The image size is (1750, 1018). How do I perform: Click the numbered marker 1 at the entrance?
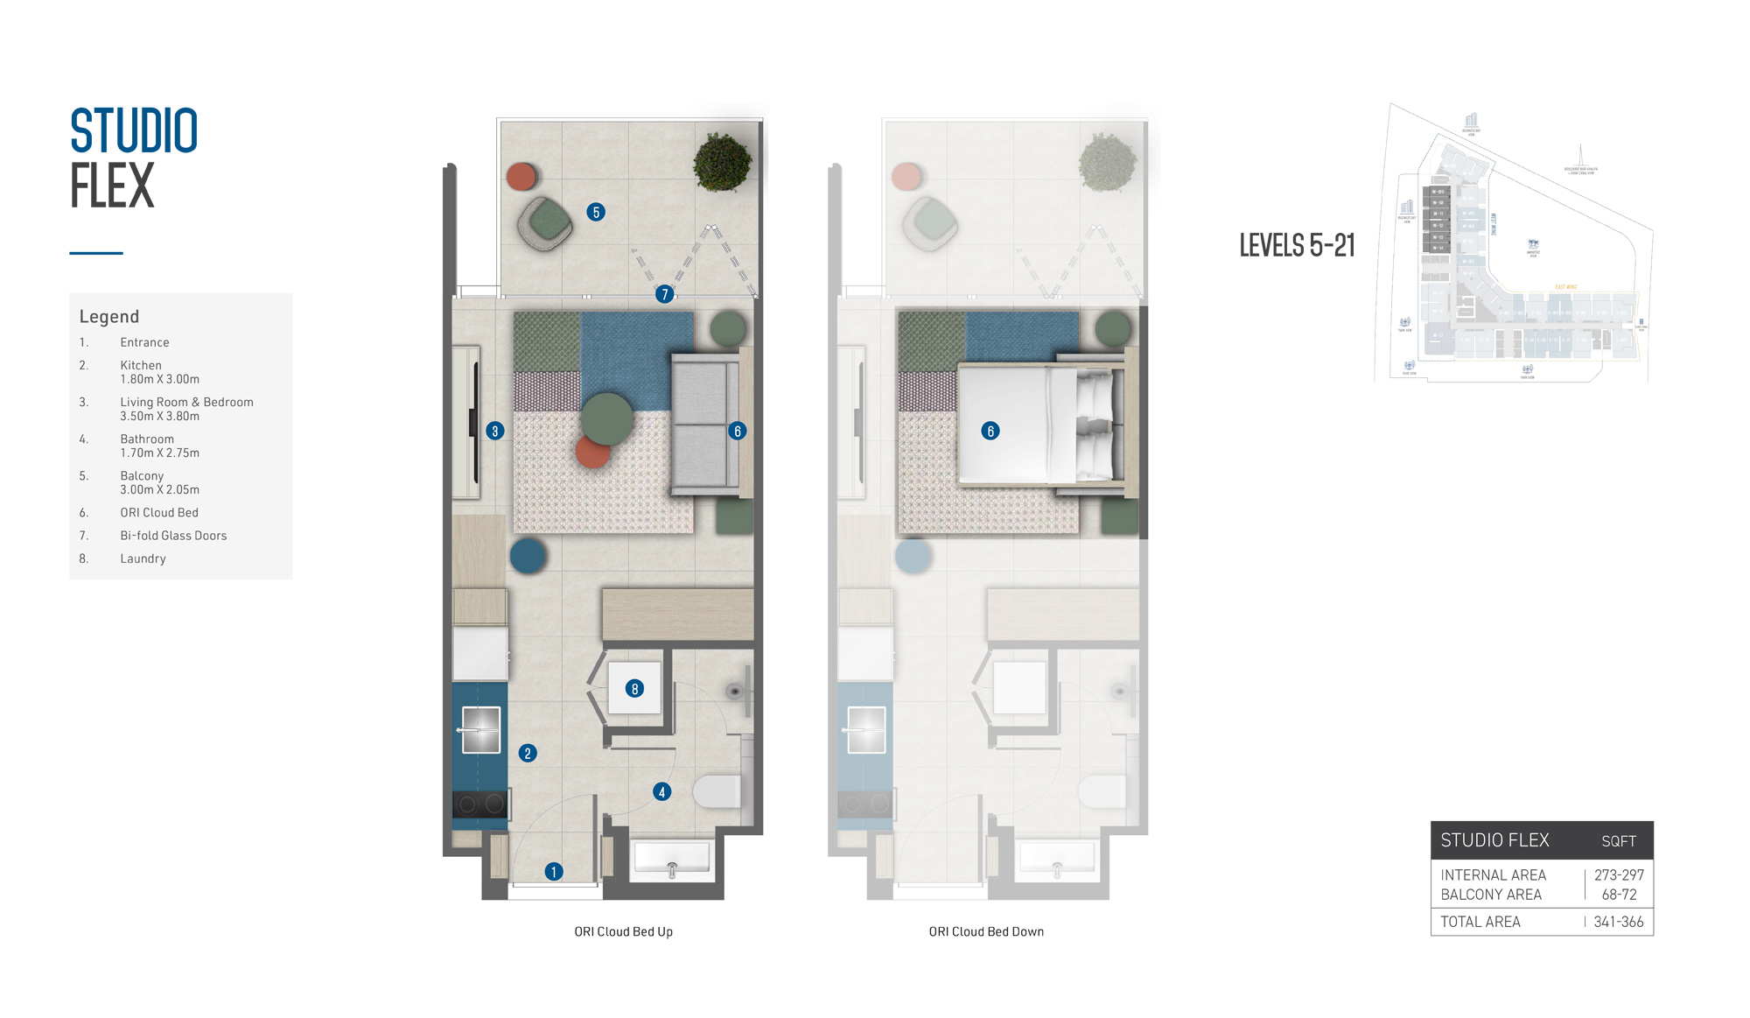pos(554,871)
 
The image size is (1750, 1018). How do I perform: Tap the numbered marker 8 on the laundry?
pos(635,689)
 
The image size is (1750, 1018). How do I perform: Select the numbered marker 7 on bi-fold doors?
pos(665,294)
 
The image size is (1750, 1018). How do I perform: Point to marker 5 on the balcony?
pos(596,212)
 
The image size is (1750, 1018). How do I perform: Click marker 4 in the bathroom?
pos(662,792)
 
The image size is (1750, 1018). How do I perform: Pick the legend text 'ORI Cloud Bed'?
pos(159,513)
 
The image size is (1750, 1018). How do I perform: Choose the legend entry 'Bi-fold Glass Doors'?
pos(173,536)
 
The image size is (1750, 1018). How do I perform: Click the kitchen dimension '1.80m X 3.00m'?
pos(160,379)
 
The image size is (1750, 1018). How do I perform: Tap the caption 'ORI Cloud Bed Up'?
pos(623,931)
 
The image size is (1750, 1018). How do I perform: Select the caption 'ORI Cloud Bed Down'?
pos(986,931)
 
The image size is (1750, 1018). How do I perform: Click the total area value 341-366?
pos(1618,922)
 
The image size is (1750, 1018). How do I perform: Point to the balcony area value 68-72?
pos(1619,895)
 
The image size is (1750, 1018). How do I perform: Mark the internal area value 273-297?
pos(1619,874)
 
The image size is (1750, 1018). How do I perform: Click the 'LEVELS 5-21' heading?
pos(1297,245)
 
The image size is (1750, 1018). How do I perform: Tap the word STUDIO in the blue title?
pos(134,131)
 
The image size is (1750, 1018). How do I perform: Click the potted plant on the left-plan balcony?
pos(722,162)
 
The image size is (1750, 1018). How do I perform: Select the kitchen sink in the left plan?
pos(480,730)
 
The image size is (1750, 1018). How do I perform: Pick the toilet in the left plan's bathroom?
pos(717,791)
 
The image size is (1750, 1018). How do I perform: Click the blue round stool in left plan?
pos(528,556)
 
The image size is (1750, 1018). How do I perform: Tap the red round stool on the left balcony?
pos(521,176)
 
